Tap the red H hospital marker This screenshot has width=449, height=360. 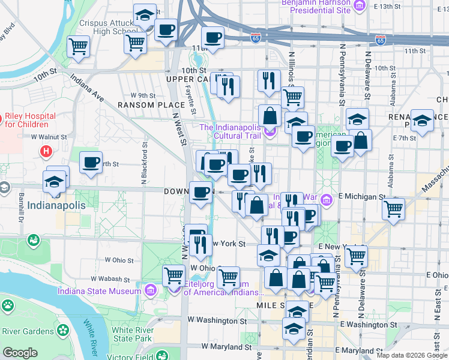click(x=45, y=152)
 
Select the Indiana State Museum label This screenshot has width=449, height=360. click(x=95, y=292)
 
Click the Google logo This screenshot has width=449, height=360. click(x=20, y=353)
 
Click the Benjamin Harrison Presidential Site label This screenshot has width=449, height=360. click(x=316, y=7)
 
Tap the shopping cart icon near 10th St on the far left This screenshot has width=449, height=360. click(x=79, y=46)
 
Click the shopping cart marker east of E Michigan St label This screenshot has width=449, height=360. click(x=394, y=209)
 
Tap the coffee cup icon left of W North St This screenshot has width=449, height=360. click(x=91, y=161)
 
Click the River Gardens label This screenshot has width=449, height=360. click(x=28, y=331)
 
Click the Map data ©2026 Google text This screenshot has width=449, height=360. click(x=411, y=355)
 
